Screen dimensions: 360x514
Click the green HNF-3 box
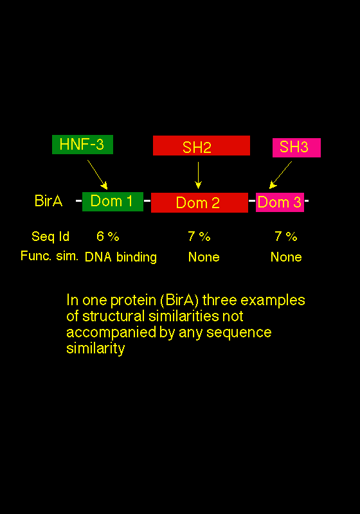[83, 145]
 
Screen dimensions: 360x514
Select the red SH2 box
[201, 146]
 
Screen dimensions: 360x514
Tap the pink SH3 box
[297, 148]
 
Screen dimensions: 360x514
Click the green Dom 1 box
[113, 202]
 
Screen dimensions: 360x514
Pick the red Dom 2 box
[199, 202]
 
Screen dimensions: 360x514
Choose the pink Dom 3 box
[280, 202]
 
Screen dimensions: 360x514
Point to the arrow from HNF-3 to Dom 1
[97, 175]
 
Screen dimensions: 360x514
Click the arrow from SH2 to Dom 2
[198, 175]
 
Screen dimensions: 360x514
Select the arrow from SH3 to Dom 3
[280, 175]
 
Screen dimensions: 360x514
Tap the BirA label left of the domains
[48, 201]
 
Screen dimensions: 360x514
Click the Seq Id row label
[51, 236]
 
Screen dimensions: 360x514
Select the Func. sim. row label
[50, 256]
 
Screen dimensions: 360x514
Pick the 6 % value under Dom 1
[108, 236]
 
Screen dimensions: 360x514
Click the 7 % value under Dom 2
[199, 236]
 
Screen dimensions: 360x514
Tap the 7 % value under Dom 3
[286, 236]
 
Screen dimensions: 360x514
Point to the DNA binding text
[121, 258]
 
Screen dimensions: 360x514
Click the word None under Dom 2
[204, 257]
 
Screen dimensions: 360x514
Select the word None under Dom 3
[286, 257]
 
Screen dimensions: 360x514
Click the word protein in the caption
[133, 301]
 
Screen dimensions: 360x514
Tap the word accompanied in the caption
[111, 333]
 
